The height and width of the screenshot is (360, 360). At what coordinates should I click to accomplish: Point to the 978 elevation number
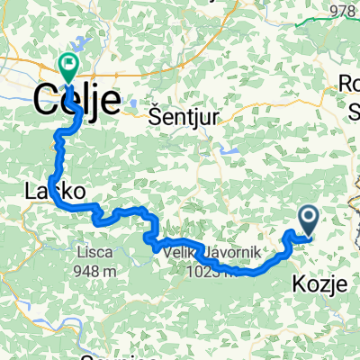click(x=344, y=12)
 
